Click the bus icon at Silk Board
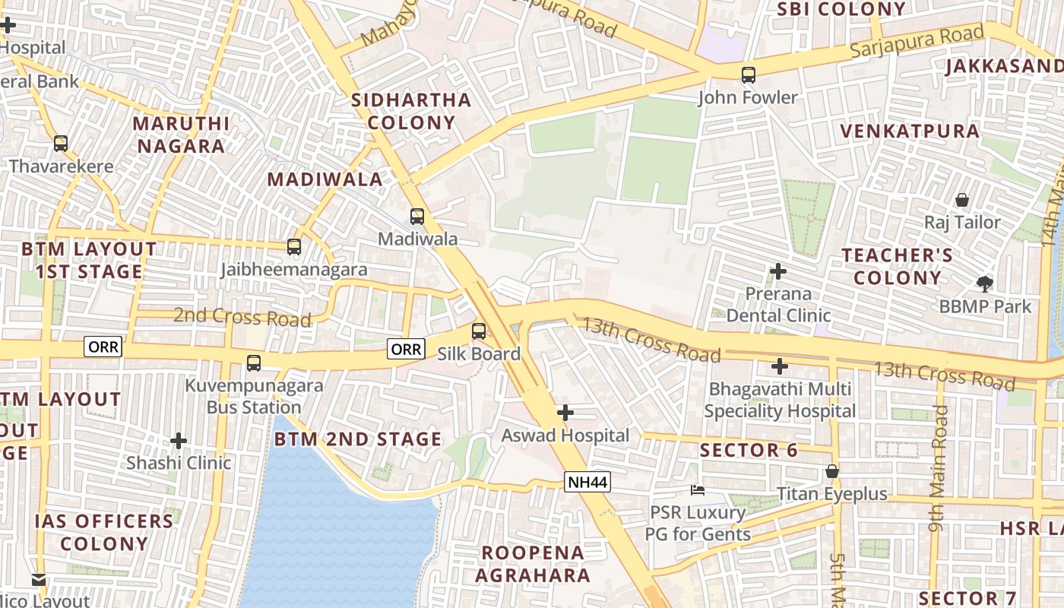pyautogui.click(x=479, y=331)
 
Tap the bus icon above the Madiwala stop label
pyautogui.click(x=416, y=217)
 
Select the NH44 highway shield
pyautogui.click(x=587, y=482)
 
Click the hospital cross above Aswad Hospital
pyautogui.click(x=565, y=413)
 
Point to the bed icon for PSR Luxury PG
pyautogui.click(x=697, y=490)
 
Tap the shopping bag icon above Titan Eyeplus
pyautogui.click(x=832, y=472)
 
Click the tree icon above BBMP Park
pyautogui.click(x=985, y=284)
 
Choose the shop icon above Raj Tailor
pyautogui.click(x=962, y=200)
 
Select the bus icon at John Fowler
pyautogui.click(x=749, y=74)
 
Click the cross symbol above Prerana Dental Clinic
pyautogui.click(x=777, y=271)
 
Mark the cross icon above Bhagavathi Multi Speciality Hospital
pyautogui.click(x=779, y=367)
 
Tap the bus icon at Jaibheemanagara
pyautogui.click(x=294, y=247)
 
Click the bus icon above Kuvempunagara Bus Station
pyautogui.click(x=254, y=363)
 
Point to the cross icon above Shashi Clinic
pyautogui.click(x=179, y=441)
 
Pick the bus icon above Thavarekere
pyautogui.click(x=61, y=144)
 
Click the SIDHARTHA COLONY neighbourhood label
pyautogui.click(x=411, y=111)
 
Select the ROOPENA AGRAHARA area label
pyautogui.click(x=533, y=564)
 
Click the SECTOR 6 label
pyautogui.click(x=749, y=450)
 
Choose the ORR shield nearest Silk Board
pyautogui.click(x=406, y=349)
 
